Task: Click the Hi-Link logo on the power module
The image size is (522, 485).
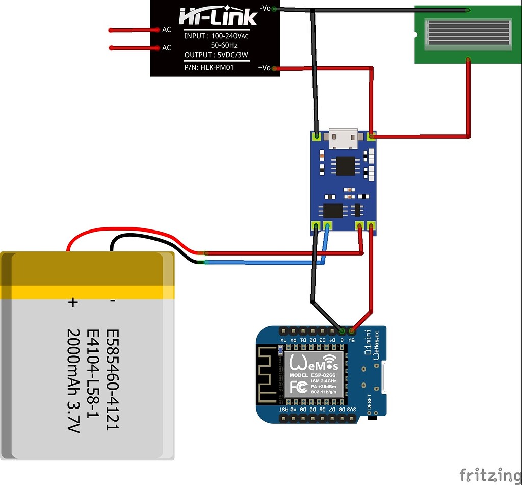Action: [218, 18]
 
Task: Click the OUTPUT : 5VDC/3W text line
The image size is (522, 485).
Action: [216, 55]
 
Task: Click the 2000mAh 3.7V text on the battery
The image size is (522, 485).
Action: [74, 381]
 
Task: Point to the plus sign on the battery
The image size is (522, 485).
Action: [73, 302]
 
